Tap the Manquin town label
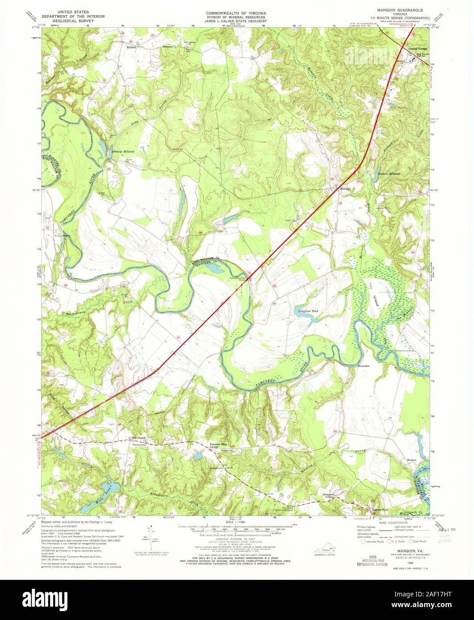pyautogui.click(x=345, y=188)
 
